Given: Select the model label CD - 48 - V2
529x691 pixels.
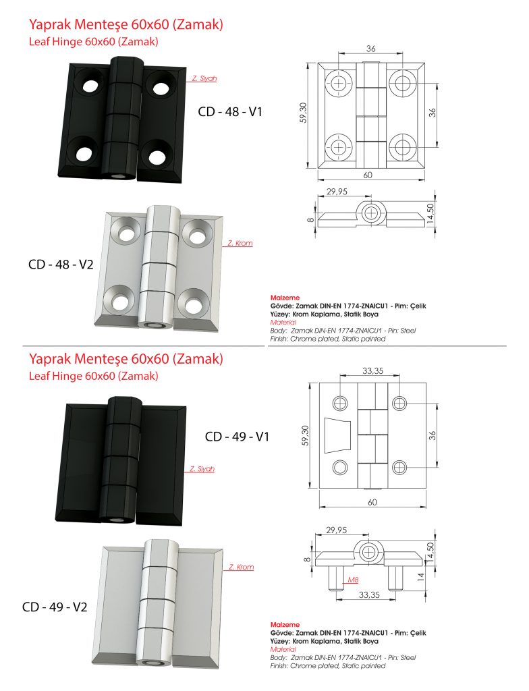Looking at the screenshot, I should pos(61,265).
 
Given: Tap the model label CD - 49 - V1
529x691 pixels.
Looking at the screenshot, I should pos(237,437).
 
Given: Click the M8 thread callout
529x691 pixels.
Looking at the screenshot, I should pos(352,580).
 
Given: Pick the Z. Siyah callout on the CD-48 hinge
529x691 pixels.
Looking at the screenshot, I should pos(204,78).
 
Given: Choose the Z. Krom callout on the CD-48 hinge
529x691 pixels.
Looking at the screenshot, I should pos(240,243).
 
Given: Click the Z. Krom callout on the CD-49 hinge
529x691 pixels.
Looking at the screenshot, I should pos(241,567).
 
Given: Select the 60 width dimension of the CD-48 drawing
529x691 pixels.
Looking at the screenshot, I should pos(368,175).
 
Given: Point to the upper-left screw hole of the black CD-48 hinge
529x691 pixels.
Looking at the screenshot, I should pos(88,85).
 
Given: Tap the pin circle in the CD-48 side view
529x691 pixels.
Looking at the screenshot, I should pos(370,213).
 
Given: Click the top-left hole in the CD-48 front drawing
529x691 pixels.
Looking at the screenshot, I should pos(339,83).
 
